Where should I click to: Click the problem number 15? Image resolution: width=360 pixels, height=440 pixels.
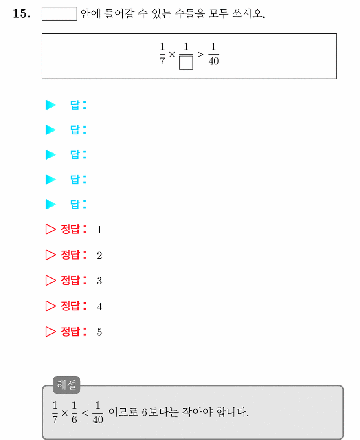click(x=22, y=13)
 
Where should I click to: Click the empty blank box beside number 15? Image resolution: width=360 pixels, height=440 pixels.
click(x=59, y=14)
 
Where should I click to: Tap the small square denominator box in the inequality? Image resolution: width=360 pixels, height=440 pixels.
click(x=186, y=62)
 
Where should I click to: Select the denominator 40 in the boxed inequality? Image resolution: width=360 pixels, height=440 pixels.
click(x=213, y=61)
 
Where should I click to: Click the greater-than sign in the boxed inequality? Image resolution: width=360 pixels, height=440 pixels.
click(x=200, y=54)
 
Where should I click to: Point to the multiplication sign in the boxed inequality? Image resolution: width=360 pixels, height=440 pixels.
click(x=172, y=54)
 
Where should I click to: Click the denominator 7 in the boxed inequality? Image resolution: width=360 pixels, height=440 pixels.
click(x=162, y=61)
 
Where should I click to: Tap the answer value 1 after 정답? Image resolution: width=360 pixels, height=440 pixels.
click(x=99, y=230)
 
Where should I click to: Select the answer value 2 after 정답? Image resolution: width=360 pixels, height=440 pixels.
click(x=99, y=255)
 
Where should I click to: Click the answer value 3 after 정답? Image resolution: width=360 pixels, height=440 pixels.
click(x=99, y=281)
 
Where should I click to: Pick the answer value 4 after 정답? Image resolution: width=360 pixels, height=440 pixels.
click(x=99, y=306)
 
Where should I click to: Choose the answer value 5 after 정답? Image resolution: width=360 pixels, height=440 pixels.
click(x=99, y=332)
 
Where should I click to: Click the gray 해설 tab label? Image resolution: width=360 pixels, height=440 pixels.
click(x=66, y=385)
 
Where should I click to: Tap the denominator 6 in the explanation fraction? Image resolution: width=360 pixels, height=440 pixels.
click(x=74, y=420)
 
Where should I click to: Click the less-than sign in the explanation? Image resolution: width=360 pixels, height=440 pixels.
click(x=85, y=412)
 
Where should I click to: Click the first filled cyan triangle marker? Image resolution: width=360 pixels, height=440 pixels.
click(x=50, y=105)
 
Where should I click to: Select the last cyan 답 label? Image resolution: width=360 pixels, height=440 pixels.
click(x=78, y=204)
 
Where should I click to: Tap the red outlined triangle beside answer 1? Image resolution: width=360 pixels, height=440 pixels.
click(x=50, y=229)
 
